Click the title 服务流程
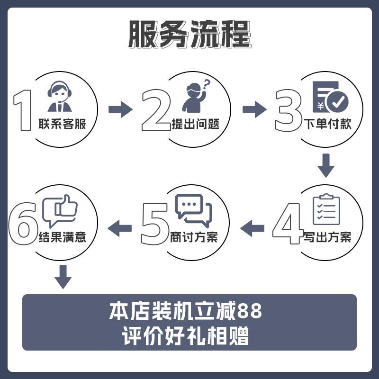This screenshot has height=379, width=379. coord(189,34)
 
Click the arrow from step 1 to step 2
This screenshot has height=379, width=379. coord(120,109)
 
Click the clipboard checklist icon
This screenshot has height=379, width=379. coord(326,209)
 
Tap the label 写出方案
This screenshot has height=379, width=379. coord(327,237)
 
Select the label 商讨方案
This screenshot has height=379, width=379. coord(194,237)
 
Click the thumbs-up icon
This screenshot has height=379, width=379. coord(60,210)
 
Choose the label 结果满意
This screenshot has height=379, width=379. coord(62,237)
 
